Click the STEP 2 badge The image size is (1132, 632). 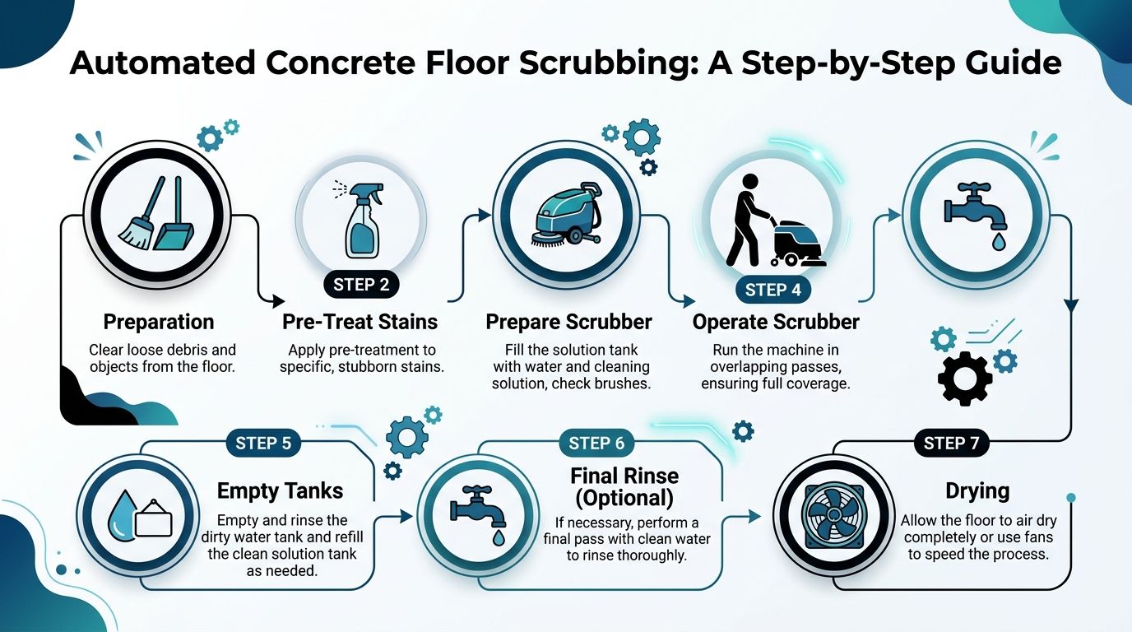pos(361,285)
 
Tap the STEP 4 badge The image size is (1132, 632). pos(772,290)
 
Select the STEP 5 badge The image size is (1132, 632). pos(262,444)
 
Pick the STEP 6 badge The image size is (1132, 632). pos(596,444)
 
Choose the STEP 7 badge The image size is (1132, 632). pos(951,444)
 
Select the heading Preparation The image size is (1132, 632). pos(159,321)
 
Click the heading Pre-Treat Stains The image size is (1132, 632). pos(360,322)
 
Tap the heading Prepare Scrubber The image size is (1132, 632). pos(568,322)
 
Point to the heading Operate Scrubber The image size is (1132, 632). pos(776,322)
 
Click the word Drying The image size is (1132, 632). pos(977,491)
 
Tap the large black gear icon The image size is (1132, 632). pos(965,378)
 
